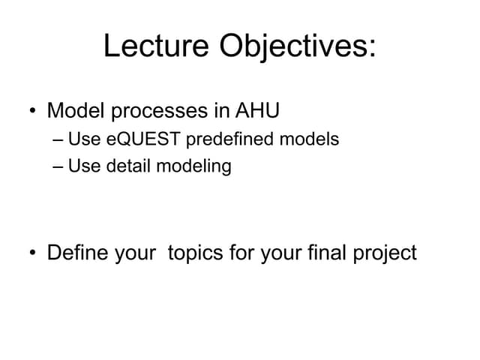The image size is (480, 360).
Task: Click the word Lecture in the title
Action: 157,46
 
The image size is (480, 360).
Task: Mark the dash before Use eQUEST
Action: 58,139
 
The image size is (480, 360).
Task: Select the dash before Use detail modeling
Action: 58,166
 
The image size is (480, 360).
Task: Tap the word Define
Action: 78,252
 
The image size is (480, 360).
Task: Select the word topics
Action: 196,253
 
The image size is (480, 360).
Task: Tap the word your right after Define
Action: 136,253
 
